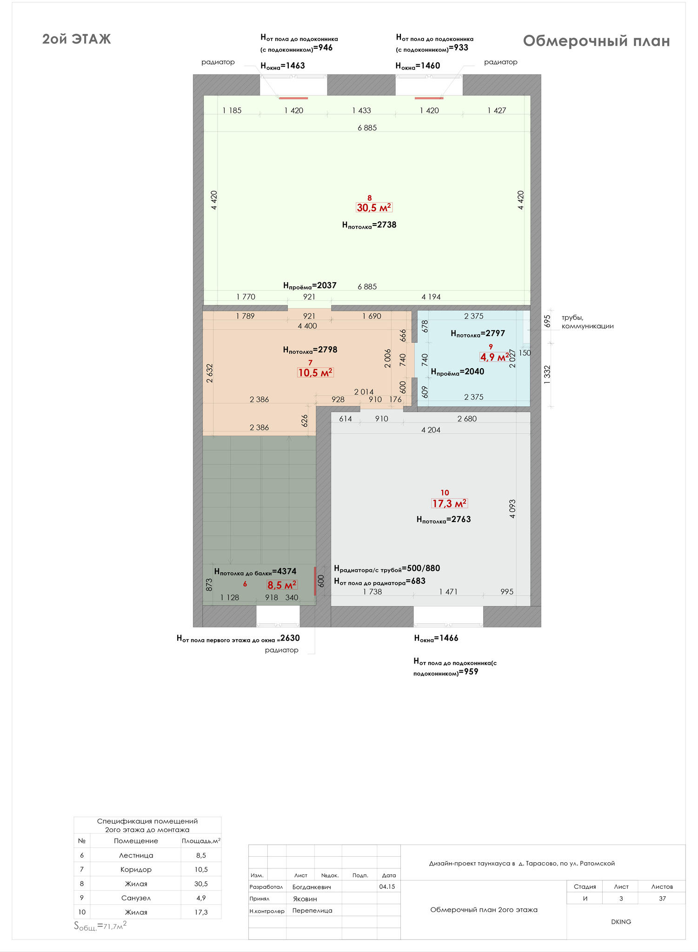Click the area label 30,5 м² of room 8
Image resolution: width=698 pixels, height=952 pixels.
tap(374, 207)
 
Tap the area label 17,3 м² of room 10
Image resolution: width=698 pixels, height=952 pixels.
tap(449, 503)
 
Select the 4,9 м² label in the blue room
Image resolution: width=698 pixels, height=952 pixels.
tap(494, 357)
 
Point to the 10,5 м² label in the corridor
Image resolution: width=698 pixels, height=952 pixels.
tap(315, 372)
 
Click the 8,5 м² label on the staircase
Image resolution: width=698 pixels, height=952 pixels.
tap(282, 585)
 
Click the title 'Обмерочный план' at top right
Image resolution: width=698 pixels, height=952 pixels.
tap(596, 41)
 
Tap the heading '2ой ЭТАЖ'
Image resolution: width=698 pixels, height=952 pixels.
tap(77, 39)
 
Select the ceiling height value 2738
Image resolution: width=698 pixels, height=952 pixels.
tap(386, 225)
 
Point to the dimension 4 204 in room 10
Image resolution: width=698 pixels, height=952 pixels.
tap(431, 430)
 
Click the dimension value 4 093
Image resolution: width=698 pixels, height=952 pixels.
tap(512, 509)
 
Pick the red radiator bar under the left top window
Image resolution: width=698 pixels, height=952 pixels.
tap(293, 98)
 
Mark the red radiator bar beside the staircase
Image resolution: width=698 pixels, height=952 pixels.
tap(315, 581)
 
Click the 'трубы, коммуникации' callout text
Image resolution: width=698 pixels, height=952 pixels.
tap(587, 322)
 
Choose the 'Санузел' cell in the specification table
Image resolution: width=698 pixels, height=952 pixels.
tap(136, 898)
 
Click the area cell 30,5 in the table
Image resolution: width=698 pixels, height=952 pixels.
tap(201, 884)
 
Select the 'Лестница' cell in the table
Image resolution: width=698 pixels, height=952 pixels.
tap(136, 855)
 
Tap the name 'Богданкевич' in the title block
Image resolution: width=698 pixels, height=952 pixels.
tap(312, 887)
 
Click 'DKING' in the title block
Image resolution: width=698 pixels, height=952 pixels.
tap(621, 922)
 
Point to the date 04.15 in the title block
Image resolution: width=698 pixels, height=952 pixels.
tap(387, 886)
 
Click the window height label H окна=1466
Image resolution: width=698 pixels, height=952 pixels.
tap(436, 638)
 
